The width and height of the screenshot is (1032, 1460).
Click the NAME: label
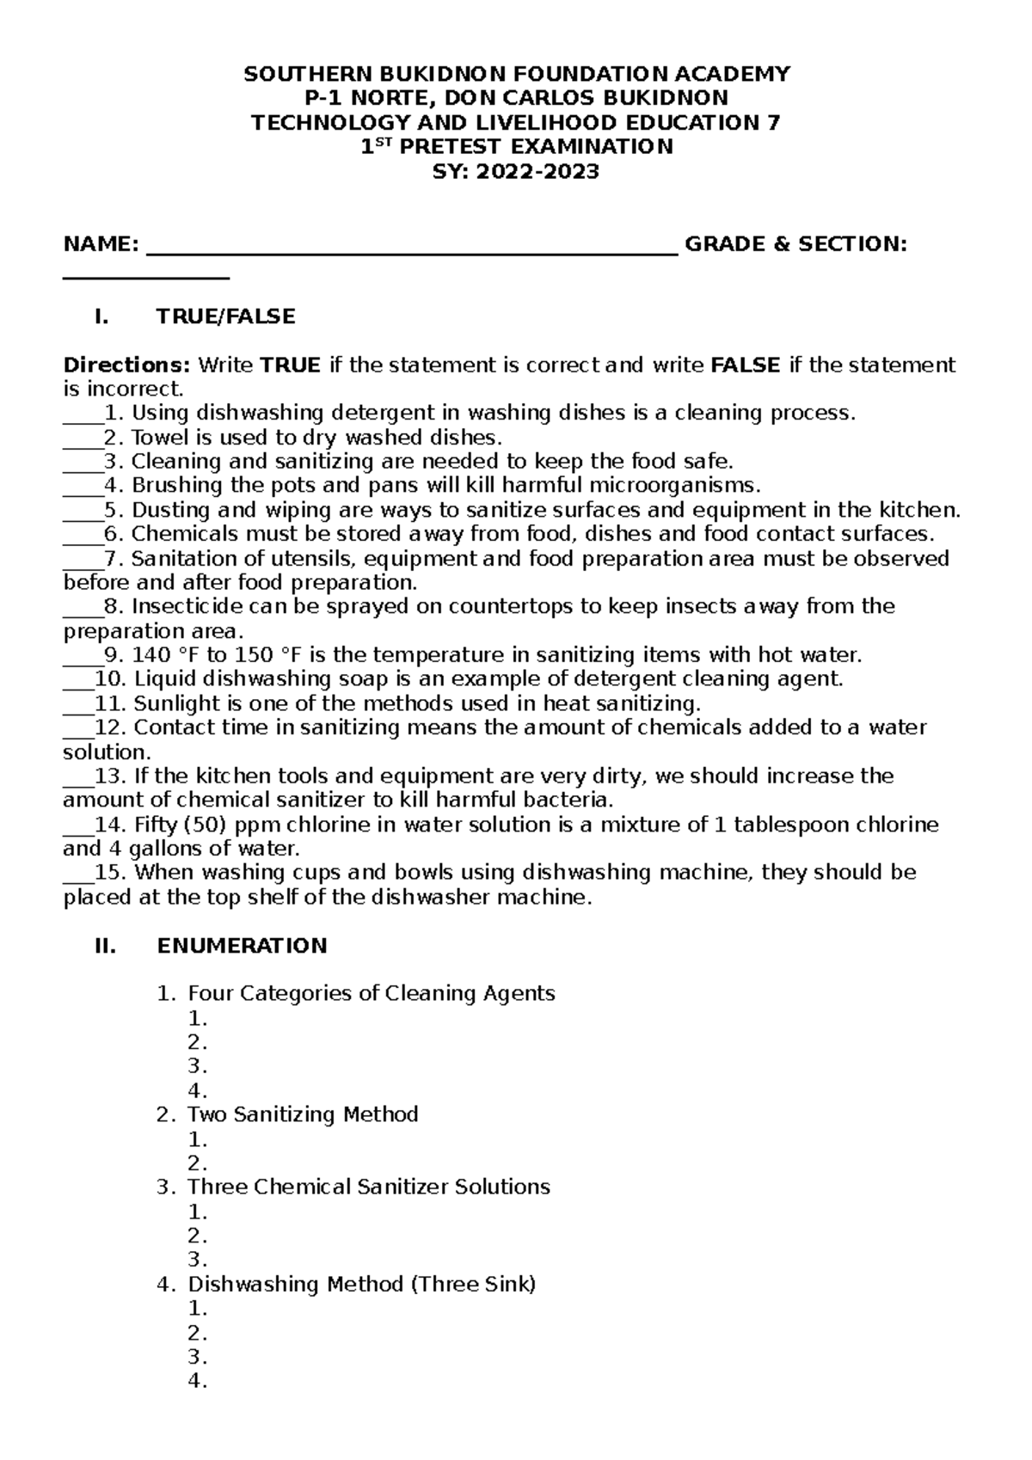coord(101,244)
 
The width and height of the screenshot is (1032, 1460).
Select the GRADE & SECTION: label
coord(795,244)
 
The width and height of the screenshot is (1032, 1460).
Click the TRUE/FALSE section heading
coord(225,316)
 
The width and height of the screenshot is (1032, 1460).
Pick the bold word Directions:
coord(128,365)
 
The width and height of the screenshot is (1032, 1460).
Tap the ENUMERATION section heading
coord(242,946)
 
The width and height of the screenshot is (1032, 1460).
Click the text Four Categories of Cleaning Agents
coord(372,994)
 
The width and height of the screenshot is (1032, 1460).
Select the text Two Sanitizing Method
coord(303,1115)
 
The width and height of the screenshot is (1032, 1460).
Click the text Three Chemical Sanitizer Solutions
coord(369,1187)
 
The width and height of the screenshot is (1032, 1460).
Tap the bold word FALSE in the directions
coord(746,365)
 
